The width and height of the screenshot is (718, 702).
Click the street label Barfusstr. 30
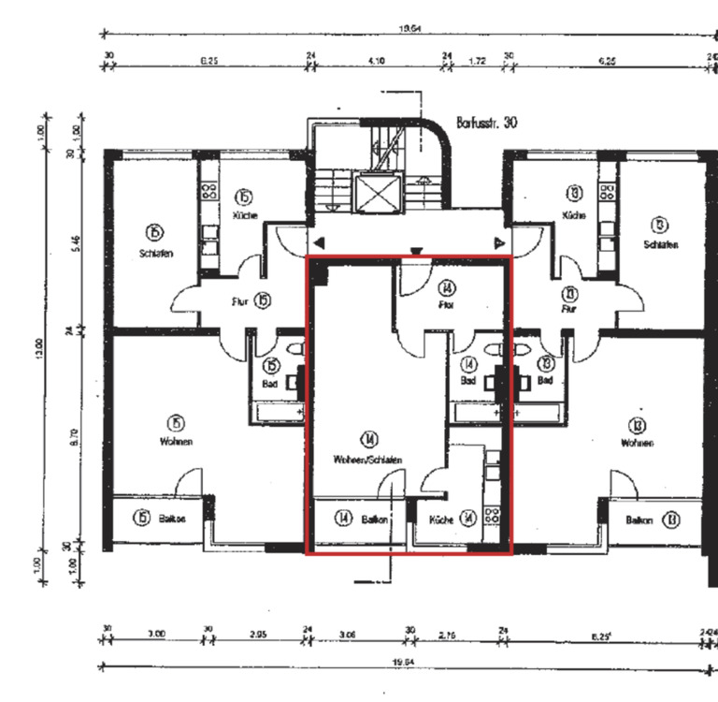[x=486, y=123]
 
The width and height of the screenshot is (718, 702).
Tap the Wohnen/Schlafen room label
[x=368, y=460]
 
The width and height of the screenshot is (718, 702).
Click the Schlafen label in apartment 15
[x=154, y=254]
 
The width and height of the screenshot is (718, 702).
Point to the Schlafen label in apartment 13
[x=660, y=244]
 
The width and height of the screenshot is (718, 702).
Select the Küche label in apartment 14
[x=441, y=519]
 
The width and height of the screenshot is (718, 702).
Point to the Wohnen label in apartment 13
[x=637, y=443]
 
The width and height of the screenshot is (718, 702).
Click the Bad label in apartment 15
[x=271, y=383]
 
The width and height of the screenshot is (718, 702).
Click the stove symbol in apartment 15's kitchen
[x=210, y=193]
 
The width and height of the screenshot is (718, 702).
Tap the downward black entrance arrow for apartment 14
[x=416, y=251]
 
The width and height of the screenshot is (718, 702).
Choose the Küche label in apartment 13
[x=573, y=216]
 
